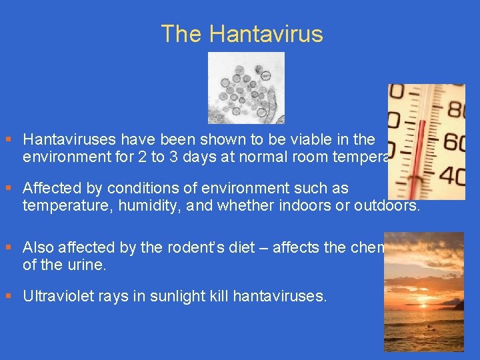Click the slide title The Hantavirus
pos(241,34)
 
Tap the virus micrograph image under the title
pos(246,88)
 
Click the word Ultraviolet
pos(56,295)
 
